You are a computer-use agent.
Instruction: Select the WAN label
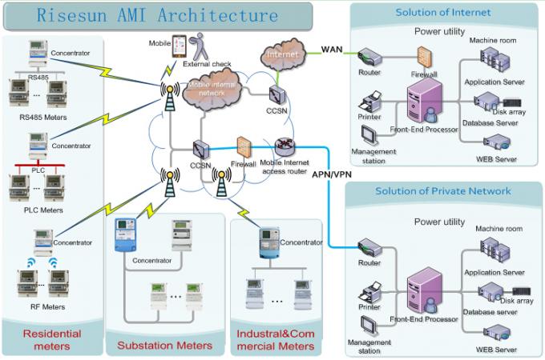click(x=333, y=50)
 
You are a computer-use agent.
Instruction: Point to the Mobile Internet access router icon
click(x=285, y=147)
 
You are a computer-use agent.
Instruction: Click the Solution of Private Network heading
click(x=442, y=191)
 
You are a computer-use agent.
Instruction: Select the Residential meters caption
click(x=51, y=339)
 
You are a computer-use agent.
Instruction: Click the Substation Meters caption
click(x=165, y=345)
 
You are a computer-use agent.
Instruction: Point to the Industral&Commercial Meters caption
click(x=275, y=339)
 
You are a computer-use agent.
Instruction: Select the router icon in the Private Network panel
click(x=369, y=247)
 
